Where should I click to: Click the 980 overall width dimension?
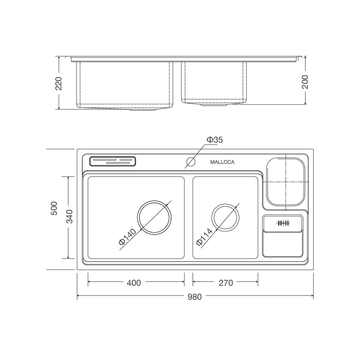point(195,297)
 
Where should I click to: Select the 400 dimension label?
point(134,283)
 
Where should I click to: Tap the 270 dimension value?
point(226,283)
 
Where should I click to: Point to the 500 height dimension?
point(54,209)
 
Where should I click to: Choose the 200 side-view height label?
point(305,81)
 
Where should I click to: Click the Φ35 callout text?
point(215,140)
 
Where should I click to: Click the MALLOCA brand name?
point(222,162)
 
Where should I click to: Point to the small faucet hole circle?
point(191,162)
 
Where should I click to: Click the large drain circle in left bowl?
point(155,217)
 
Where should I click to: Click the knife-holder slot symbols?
point(283,223)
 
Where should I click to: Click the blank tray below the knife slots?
point(283,245)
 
